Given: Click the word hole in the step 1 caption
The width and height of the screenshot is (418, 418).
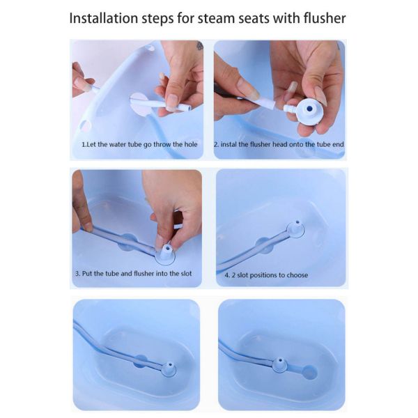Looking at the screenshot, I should [188, 144].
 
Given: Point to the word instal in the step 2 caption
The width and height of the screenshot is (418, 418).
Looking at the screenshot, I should [233, 144].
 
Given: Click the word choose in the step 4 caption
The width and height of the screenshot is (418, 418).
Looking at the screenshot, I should [295, 275].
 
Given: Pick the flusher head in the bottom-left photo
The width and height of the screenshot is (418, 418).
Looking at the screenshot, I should [168, 368].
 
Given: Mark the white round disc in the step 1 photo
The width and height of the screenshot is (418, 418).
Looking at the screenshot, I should [139, 102].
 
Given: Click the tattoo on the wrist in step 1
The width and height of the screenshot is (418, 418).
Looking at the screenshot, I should [199, 46].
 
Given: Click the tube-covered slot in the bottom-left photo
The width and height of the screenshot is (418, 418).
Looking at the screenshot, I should [139, 360].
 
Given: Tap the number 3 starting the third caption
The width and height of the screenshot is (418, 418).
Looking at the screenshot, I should [77, 274].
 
